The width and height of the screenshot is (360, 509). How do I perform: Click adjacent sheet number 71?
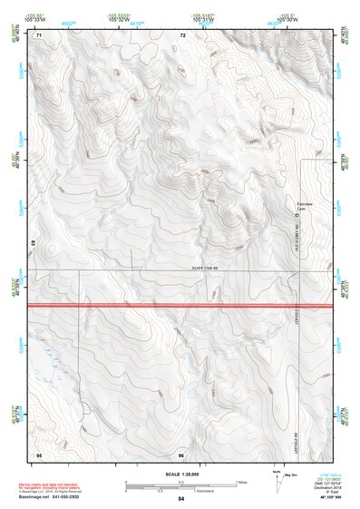tap(39, 35)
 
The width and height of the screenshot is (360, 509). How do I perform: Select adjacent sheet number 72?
tap(182, 35)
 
